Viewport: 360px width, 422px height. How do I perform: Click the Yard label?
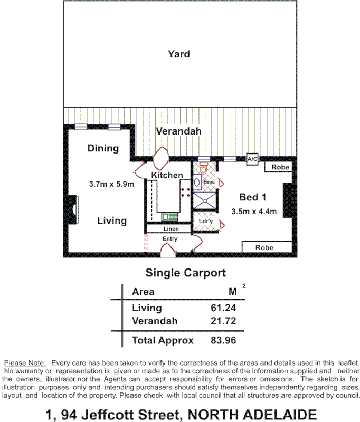tap(179, 54)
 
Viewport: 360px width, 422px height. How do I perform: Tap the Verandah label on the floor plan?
tap(179, 131)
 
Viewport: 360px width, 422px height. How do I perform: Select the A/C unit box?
tap(252, 158)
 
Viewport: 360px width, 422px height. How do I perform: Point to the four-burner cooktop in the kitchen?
tap(185, 192)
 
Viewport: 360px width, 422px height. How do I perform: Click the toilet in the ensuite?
tap(203, 170)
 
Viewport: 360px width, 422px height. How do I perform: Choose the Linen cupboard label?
tap(171, 229)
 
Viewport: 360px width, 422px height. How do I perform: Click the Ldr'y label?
tap(206, 221)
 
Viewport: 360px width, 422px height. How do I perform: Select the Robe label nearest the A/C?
tap(280, 167)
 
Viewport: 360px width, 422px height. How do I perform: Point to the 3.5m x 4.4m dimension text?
tap(254, 212)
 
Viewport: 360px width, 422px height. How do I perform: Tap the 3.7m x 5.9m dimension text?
tap(111, 184)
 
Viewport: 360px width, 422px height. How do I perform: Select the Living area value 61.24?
tap(223, 308)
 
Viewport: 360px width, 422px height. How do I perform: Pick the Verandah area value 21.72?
tap(223, 321)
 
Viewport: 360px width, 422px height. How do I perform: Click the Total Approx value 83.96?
tap(223, 340)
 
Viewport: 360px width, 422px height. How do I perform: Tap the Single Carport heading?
tap(185, 273)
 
